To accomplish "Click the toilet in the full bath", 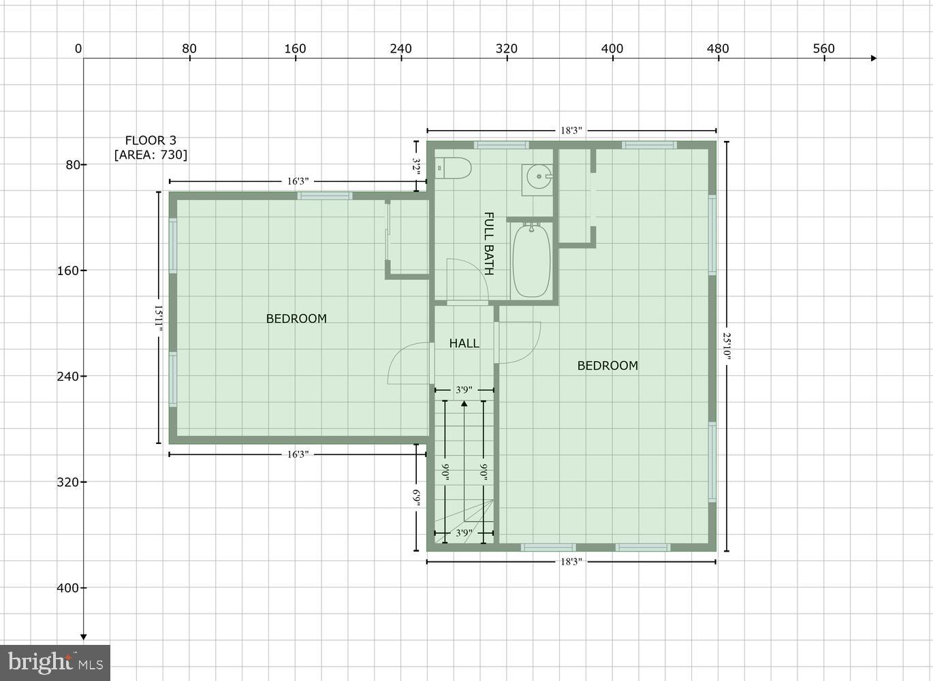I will coord(454,168).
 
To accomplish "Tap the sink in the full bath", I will coord(538,178).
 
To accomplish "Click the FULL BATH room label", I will coord(488,243).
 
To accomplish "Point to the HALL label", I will coord(464,343).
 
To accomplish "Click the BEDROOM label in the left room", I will coord(296,318).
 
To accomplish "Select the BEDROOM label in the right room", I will coord(607,365).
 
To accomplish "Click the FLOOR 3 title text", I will coord(151,140).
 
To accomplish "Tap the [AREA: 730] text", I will coord(151,155).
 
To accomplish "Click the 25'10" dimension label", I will coord(727,346).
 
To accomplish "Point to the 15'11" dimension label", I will coord(159,318).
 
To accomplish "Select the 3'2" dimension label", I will coord(416,167).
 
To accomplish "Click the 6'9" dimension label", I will coord(416,498).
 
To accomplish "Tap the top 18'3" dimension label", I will coord(571,130).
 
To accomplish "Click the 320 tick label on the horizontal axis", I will coord(507,48).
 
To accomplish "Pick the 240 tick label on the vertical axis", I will coord(67,376).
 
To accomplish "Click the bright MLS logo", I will coord(55,662).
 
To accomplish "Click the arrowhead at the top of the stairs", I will coord(464,404).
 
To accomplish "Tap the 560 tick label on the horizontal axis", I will coord(823,48).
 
